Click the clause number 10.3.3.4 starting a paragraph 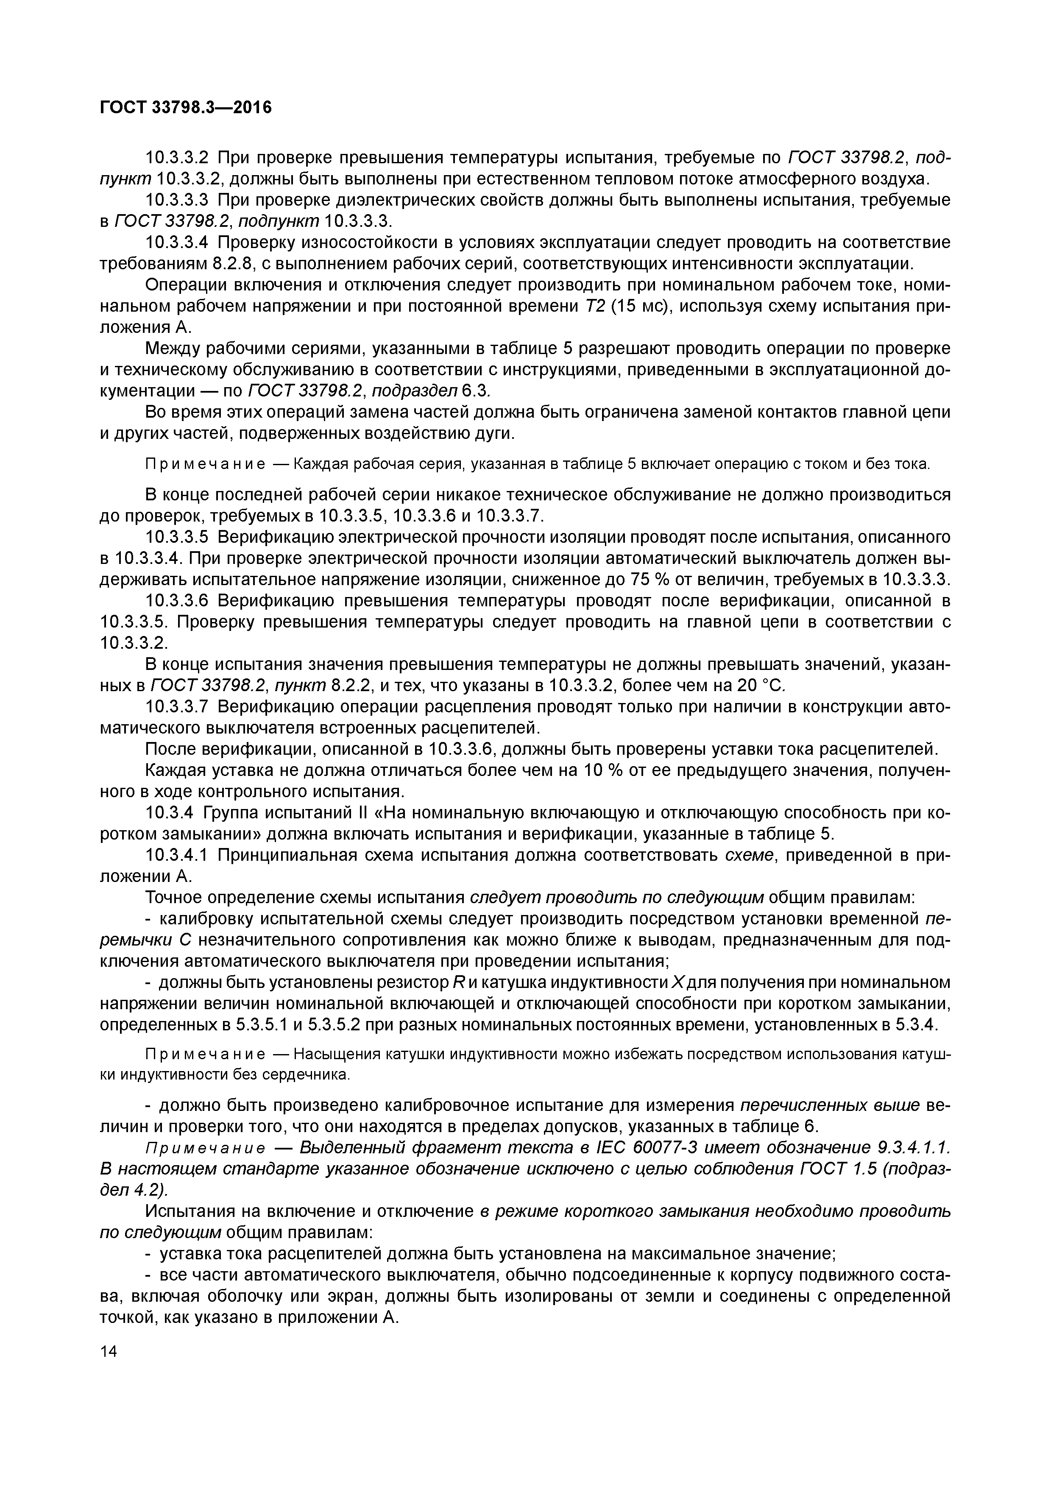click(177, 242)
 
